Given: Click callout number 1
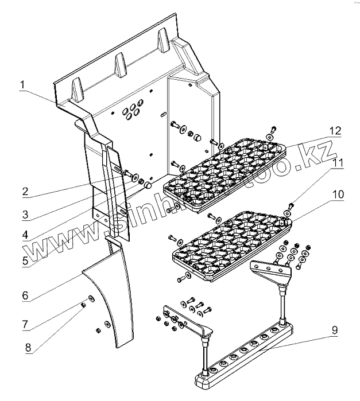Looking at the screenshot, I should pyautogui.click(x=22, y=86).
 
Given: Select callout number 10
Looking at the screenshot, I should pyautogui.click(x=338, y=195).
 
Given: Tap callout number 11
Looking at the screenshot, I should pyautogui.click(x=338, y=163).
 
